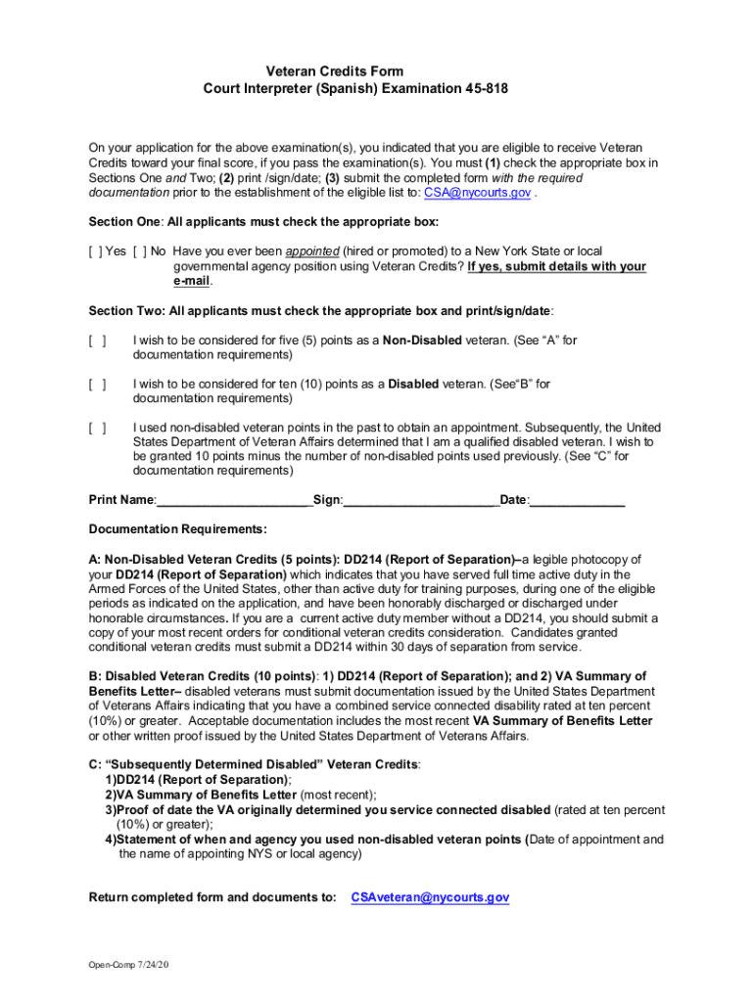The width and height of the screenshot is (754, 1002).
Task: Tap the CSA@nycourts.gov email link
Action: point(475,193)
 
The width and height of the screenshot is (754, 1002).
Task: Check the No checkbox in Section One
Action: point(138,250)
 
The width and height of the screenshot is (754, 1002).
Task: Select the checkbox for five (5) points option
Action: point(97,341)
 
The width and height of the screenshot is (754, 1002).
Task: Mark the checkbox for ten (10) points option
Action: point(97,385)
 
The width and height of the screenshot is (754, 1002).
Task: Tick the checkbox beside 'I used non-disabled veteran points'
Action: point(97,428)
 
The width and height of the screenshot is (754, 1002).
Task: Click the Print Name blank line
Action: point(233,500)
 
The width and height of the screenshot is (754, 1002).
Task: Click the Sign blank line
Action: point(421,500)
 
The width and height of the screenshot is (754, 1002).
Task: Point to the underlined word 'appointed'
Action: point(312,250)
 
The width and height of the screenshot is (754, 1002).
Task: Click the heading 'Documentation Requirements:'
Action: point(177,529)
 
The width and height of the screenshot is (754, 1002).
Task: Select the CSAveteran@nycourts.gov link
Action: point(430,897)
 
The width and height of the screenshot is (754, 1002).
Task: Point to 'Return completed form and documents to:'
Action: point(212,897)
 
